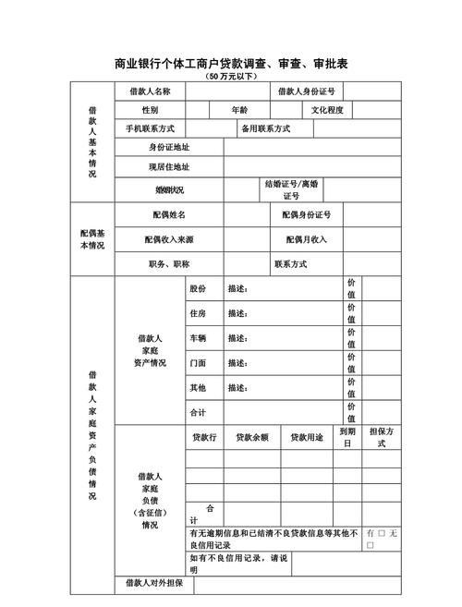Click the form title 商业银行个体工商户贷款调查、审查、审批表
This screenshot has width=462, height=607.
(x=231, y=64)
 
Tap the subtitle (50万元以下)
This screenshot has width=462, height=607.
(x=231, y=77)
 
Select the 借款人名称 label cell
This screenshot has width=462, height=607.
(x=150, y=91)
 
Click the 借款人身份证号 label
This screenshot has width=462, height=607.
(x=307, y=91)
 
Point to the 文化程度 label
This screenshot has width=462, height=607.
(x=327, y=110)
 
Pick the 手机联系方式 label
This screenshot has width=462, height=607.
(x=150, y=128)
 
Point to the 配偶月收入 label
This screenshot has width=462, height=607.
(x=307, y=239)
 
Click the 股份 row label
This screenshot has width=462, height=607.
(x=198, y=289)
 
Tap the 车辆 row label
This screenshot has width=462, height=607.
(x=198, y=338)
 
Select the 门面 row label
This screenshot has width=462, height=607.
(x=198, y=363)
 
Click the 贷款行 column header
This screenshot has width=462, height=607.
(x=203, y=437)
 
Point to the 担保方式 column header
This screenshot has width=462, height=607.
(x=383, y=437)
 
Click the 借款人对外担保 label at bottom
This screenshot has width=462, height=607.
(x=153, y=584)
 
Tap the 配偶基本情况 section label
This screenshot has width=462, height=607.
(x=92, y=239)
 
